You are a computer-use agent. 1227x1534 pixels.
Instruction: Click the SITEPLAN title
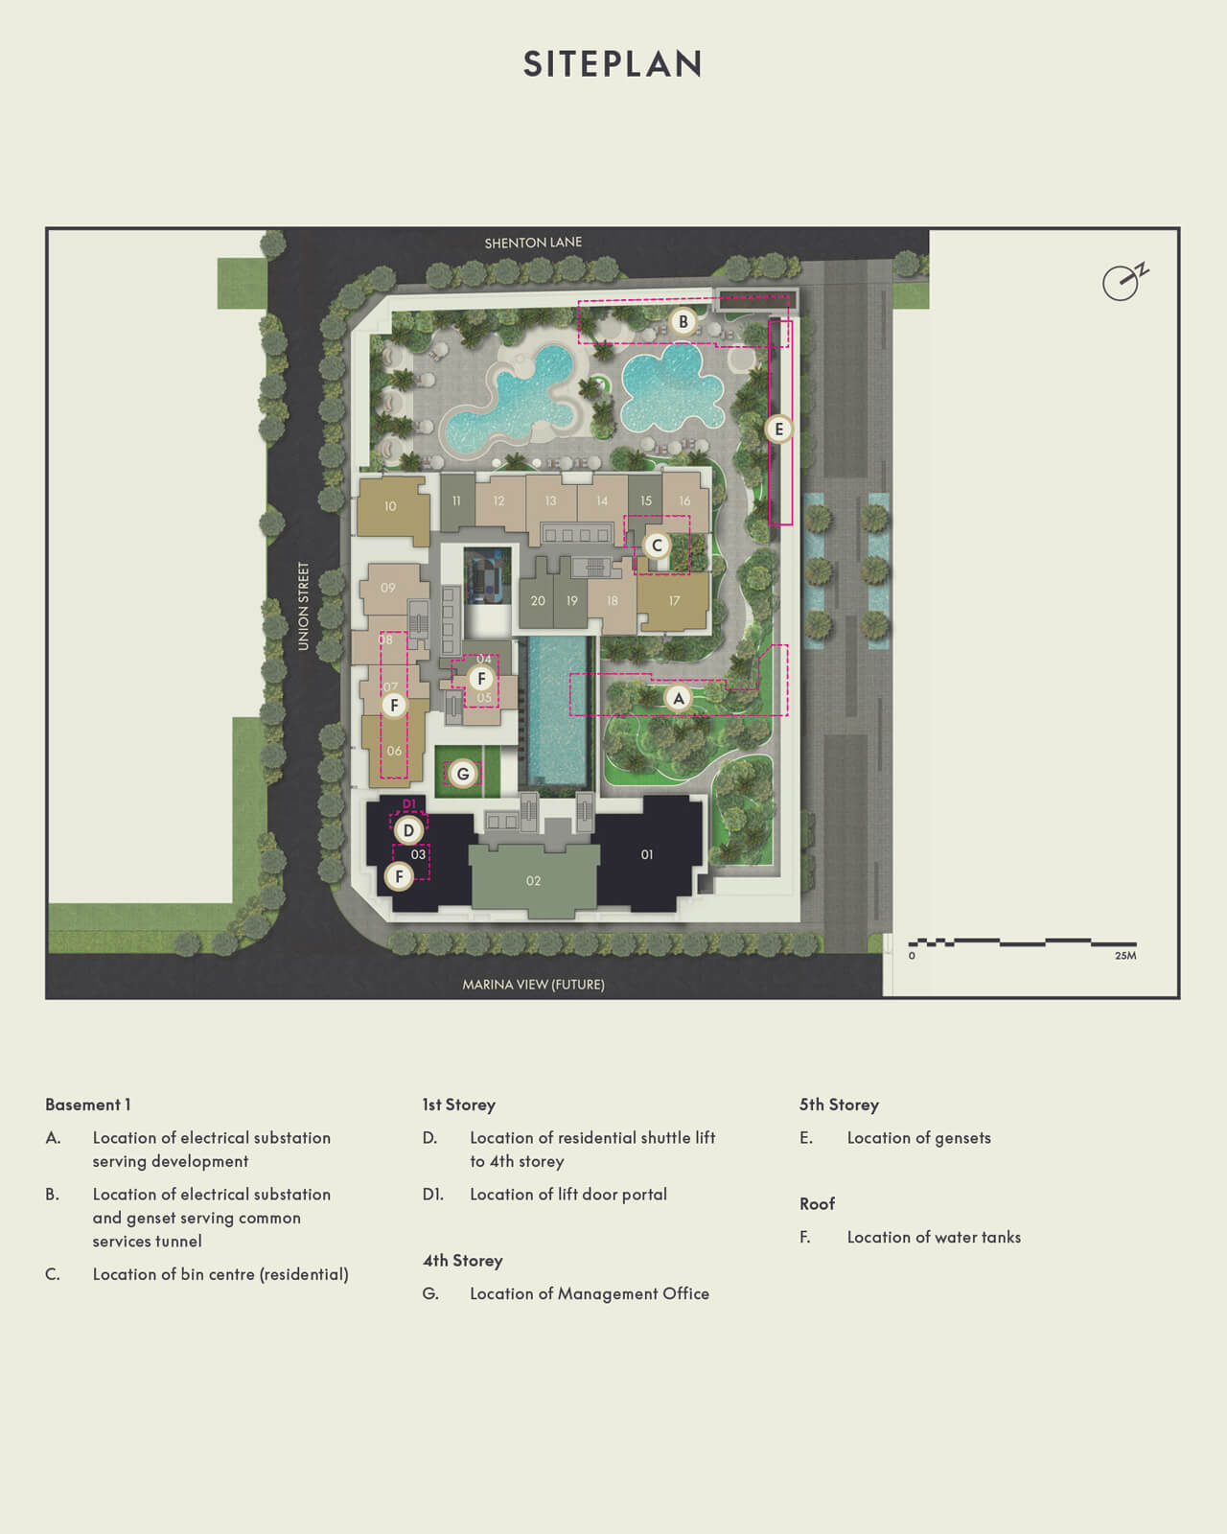[x=613, y=63]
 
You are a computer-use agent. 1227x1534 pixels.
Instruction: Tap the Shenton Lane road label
[x=533, y=243]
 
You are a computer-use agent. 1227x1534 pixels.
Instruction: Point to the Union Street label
[x=304, y=606]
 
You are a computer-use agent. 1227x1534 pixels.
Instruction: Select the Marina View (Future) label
[x=533, y=985]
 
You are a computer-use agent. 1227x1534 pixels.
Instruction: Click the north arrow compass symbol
[x=1123, y=282]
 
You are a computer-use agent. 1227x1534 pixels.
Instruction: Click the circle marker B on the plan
[x=683, y=322]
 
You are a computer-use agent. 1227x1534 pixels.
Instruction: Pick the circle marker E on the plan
[x=778, y=429]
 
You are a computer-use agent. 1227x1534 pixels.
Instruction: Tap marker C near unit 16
[x=657, y=546]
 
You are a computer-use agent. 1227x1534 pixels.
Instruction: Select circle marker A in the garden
[x=679, y=698]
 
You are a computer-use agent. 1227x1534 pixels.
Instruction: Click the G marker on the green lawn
[x=463, y=774]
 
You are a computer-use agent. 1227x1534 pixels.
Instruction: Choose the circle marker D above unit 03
[x=408, y=830]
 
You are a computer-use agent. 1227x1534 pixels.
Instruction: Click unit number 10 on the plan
[x=390, y=506]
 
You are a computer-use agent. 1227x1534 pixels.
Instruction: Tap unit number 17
[x=674, y=601]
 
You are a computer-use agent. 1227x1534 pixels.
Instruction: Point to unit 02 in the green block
[x=533, y=881]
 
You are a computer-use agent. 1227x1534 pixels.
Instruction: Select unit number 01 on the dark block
[x=647, y=854]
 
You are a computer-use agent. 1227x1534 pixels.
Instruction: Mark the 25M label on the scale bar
[x=1125, y=956]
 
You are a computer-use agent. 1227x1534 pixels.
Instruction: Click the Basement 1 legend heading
[x=88, y=1104]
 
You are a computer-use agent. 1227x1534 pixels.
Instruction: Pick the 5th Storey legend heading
[x=839, y=1104]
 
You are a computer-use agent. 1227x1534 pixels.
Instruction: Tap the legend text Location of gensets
[x=918, y=1138]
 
